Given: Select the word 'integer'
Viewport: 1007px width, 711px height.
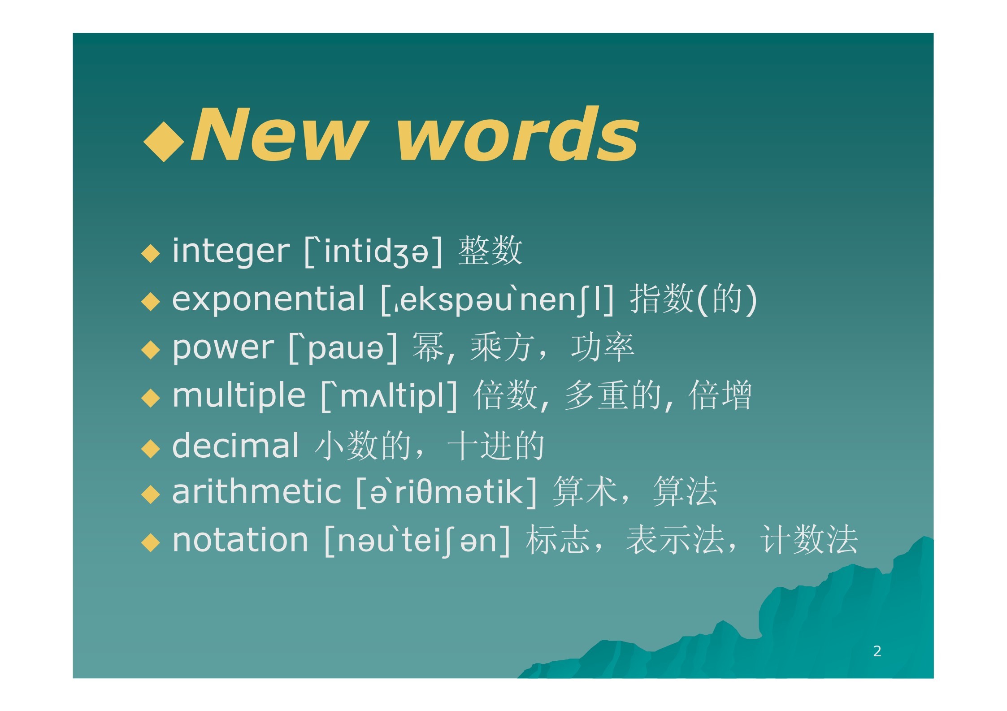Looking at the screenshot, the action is [231, 251].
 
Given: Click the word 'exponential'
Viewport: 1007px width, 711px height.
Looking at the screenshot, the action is [269, 299].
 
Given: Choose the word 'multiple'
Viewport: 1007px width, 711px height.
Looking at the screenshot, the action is [239, 396].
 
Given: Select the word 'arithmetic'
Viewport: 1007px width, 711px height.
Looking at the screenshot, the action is [257, 492].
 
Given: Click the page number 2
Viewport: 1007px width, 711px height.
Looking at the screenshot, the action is [877, 651].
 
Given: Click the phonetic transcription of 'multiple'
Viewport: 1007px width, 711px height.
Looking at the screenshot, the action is [389, 396].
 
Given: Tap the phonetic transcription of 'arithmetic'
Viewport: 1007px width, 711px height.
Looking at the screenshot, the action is [447, 492].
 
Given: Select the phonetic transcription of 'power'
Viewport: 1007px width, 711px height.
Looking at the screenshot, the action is [343, 348].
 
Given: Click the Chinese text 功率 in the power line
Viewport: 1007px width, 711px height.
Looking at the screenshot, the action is [603, 347].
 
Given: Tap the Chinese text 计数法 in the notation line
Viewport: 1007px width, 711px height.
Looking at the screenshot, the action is [809, 540].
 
